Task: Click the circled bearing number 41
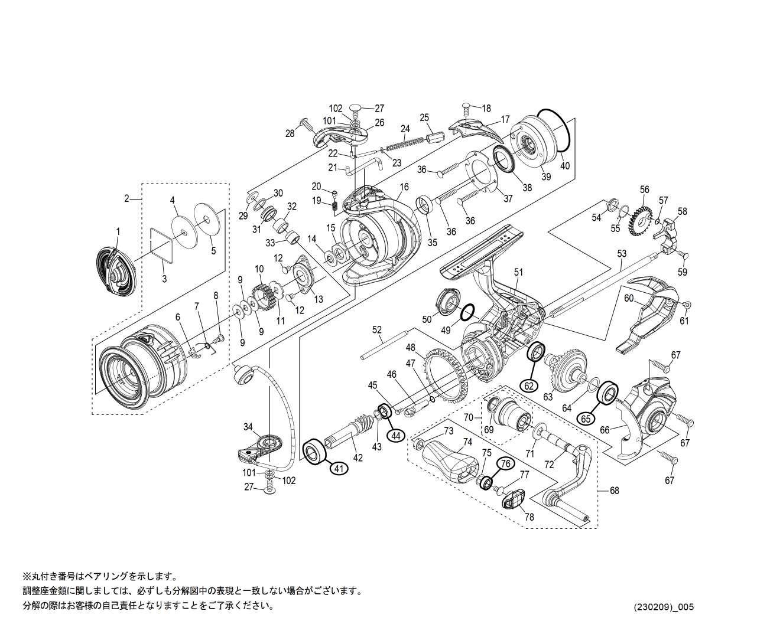tap(338, 469)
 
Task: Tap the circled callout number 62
tap(529, 386)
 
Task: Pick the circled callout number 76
tap(506, 464)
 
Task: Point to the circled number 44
tap(396, 436)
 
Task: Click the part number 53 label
tap(622, 254)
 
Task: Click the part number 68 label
tap(615, 491)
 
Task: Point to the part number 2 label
tap(126, 199)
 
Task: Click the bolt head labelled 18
tap(466, 107)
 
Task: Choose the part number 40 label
tap(565, 166)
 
